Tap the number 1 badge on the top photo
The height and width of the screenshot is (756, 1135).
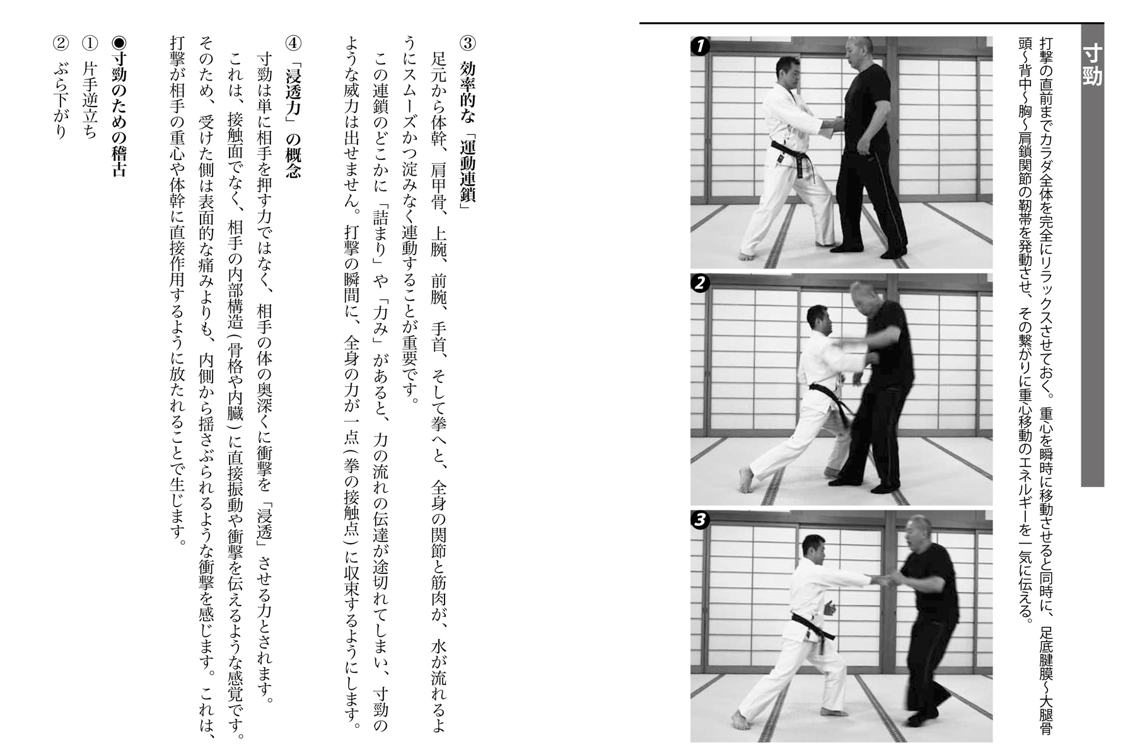pyautogui.click(x=699, y=45)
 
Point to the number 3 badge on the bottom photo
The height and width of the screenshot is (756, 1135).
pyautogui.click(x=699, y=520)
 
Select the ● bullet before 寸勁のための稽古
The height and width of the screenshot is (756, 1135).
pyautogui.click(x=119, y=43)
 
